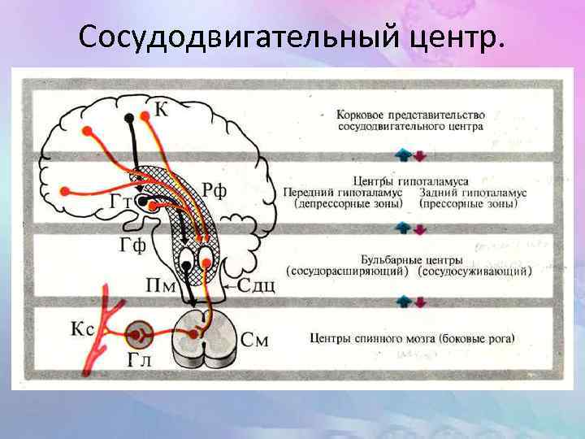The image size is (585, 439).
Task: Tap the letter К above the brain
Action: [x=161, y=110]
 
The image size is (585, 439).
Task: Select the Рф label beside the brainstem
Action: [x=214, y=191]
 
